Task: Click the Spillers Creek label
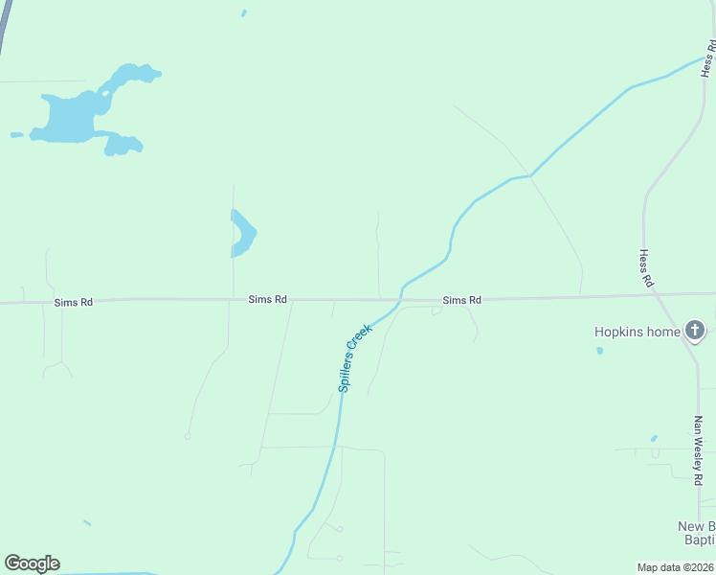tap(354, 358)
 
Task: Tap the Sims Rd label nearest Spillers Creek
tap(461, 300)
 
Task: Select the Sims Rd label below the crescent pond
tap(267, 299)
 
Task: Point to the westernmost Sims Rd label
tap(73, 302)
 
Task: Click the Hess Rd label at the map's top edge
tap(708, 59)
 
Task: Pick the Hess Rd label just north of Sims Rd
tap(645, 269)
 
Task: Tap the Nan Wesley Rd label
tap(699, 448)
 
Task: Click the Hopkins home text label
tap(637, 333)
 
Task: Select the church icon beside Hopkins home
tap(695, 333)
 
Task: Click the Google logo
tap(32, 563)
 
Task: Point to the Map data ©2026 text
tap(675, 567)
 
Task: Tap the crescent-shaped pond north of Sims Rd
tap(245, 233)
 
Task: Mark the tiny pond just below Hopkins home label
tap(599, 351)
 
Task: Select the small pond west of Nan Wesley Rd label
tap(654, 439)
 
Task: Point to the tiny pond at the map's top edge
tap(244, 13)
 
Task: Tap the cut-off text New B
tap(696, 526)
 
